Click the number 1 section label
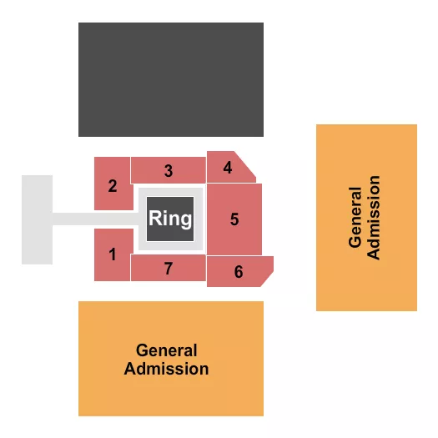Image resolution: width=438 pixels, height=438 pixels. tap(112, 254)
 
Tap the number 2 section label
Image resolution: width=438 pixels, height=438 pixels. tap(112, 184)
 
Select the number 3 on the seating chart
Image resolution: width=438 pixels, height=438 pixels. tap(169, 171)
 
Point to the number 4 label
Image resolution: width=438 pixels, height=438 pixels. tap(228, 168)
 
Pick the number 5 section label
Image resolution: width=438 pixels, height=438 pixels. tap(234, 219)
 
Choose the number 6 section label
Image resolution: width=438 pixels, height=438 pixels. tap(239, 272)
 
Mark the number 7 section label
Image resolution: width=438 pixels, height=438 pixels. tap(169, 269)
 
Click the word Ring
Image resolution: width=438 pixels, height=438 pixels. tap(170, 219)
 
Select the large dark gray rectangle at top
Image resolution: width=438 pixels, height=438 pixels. tap(170, 79)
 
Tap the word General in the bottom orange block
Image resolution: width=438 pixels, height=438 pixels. tap(167, 351)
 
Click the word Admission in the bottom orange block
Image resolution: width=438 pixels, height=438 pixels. tap(167, 368)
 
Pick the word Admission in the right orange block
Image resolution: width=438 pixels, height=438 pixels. tap(374, 217)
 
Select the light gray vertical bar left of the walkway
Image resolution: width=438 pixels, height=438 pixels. tap(37, 219)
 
